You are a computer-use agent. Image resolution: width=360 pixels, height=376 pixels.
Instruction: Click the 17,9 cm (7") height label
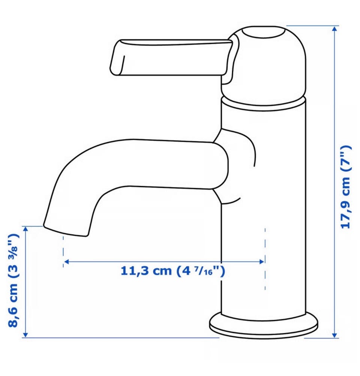[346, 187]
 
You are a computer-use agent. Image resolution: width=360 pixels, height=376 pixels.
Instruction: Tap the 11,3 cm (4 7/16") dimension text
[172, 271]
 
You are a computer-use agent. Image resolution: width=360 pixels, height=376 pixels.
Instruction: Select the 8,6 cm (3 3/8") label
[13, 280]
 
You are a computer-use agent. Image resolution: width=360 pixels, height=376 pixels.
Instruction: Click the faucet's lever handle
[171, 58]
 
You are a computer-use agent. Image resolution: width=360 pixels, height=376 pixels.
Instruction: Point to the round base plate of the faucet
[264, 325]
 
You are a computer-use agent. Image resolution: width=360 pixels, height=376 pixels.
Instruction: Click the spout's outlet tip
[65, 231]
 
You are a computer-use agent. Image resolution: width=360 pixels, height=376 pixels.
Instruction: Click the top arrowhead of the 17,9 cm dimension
[334, 28]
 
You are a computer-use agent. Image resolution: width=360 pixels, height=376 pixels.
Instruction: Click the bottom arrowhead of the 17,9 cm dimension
[334, 335]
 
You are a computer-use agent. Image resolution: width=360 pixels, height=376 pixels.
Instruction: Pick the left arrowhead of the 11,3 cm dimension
[67, 262]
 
